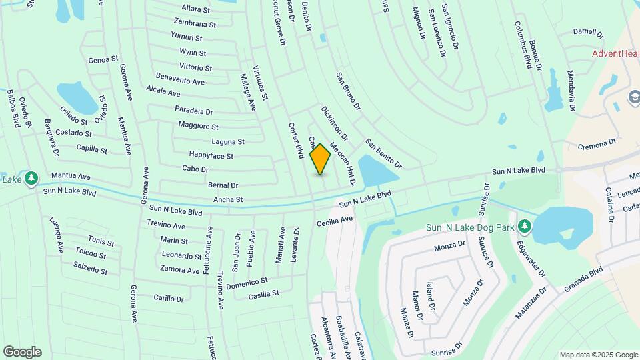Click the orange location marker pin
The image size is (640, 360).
pos(321,159)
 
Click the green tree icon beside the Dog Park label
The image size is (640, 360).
pos(525,227)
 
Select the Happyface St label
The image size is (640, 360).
pos(211,156)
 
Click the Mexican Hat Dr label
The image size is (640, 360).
pos(343,164)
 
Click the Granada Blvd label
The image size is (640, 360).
pos(583,279)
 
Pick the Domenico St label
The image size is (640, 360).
pos(247,282)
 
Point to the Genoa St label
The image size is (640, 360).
pos(103,59)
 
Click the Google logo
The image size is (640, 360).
pos(22,352)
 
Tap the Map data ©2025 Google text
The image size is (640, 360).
pos(599,355)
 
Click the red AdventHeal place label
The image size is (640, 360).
pos(615,53)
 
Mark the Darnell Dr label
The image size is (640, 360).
pos(588,32)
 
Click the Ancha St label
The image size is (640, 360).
pos(228,199)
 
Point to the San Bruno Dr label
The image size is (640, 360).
pos(348,91)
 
